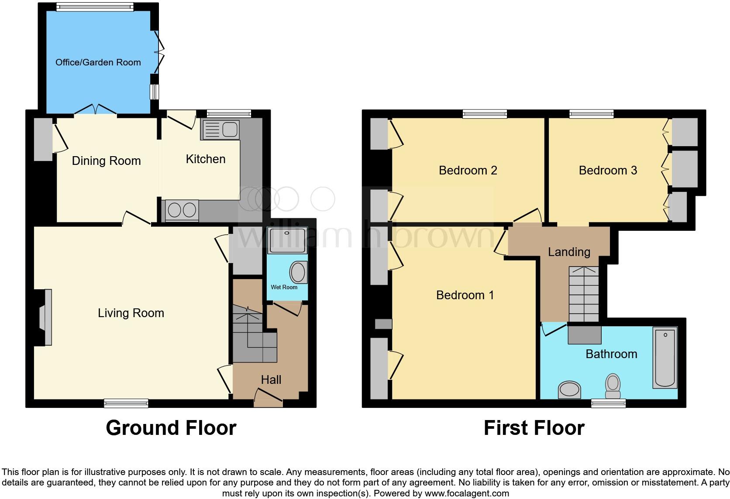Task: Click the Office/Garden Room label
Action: pyautogui.click(x=98, y=62)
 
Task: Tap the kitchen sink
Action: pyautogui.click(x=220, y=130)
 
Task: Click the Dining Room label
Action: pyautogui.click(x=106, y=161)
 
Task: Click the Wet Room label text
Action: pyautogui.click(x=284, y=287)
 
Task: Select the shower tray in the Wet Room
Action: pyautogui.click(x=287, y=240)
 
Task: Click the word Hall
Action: pyautogui.click(x=271, y=380)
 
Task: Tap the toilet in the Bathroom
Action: pyautogui.click(x=613, y=386)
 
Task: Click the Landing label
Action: pyautogui.click(x=569, y=252)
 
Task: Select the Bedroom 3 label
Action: pyautogui.click(x=608, y=171)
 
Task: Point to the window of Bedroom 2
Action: pyautogui.click(x=485, y=114)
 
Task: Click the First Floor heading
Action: pyautogui.click(x=534, y=428)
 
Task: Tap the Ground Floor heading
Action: pyautogui.click(x=171, y=428)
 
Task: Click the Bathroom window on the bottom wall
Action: pyautogui.click(x=608, y=403)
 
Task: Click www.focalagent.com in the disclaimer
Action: pyautogui.click(x=467, y=494)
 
